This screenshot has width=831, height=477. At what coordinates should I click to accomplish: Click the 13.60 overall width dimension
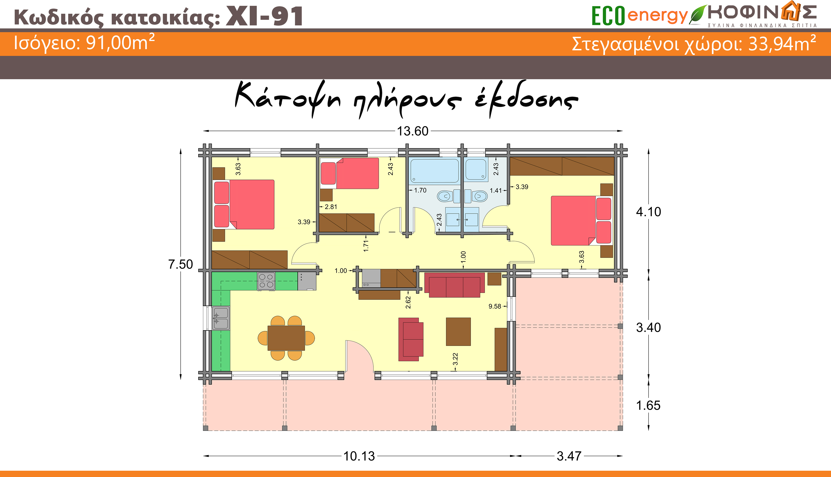point(412,131)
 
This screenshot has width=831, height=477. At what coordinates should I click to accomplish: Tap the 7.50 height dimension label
point(180,264)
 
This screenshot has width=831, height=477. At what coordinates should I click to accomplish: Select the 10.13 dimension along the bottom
point(359,456)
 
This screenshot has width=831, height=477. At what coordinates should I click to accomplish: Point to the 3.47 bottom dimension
point(569,456)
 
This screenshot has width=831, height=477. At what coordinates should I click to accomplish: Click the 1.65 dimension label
point(648,405)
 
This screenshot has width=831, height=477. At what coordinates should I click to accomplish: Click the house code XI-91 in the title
point(265,16)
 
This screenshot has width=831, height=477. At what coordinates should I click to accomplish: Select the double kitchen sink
point(221,318)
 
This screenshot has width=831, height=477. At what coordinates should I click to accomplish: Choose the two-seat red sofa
point(411,339)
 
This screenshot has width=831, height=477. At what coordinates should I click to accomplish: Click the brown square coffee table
point(458,331)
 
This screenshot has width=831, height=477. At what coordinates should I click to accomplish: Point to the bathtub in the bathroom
point(435,170)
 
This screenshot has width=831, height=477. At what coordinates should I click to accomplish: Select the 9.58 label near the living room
point(495,306)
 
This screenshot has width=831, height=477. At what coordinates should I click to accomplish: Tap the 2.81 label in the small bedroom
point(331,207)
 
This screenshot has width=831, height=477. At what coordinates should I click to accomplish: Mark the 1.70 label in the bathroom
point(420,190)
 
